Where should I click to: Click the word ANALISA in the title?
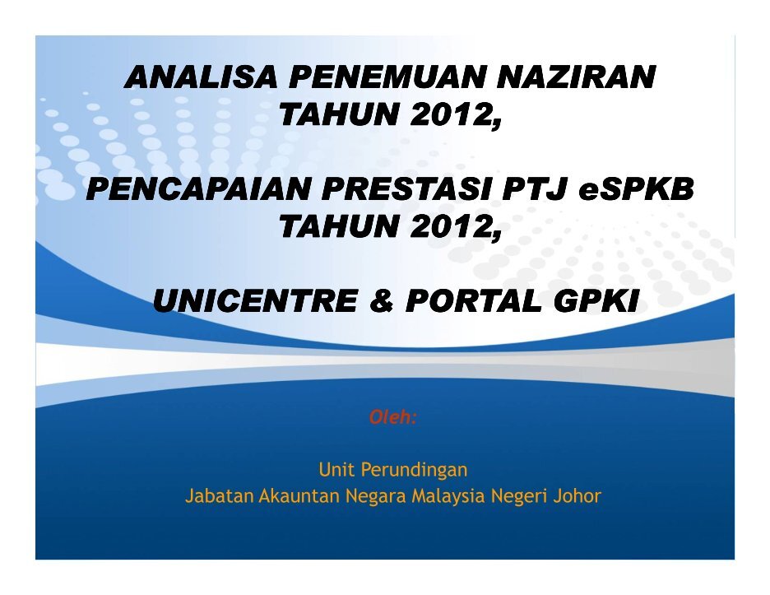pos(202,77)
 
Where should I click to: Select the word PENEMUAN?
pos(387,77)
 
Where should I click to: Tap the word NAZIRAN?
pos(576,77)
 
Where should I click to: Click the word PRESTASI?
pos(406,188)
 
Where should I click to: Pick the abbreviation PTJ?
pos(534,188)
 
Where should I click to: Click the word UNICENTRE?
pos(255,300)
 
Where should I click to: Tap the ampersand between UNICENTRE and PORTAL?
pos(382,300)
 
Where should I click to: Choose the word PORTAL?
pos(474,300)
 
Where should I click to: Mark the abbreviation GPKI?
pos(596,300)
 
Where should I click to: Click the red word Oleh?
pos(393,417)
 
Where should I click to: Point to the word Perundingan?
pos(414,471)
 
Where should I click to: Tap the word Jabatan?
pos(219,495)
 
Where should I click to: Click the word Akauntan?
pos(299,495)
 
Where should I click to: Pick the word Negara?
pos(376,496)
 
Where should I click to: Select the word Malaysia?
pos(448,496)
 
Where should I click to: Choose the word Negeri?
pos(519,496)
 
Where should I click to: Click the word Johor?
pos(577,495)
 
